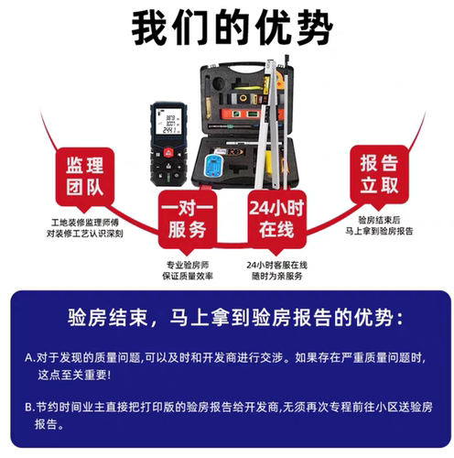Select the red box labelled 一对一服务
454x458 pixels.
tap(187, 220)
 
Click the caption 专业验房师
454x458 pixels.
tap(187, 264)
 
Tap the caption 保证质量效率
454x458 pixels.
tap(187, 276)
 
